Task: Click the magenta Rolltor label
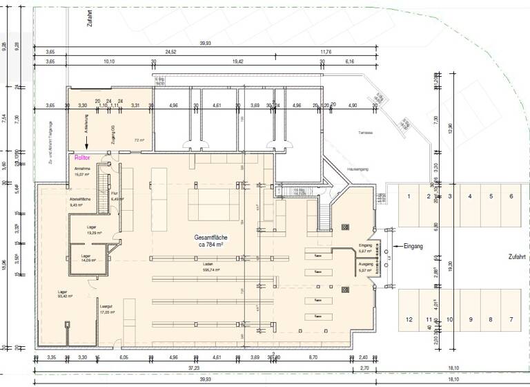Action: [83, 158]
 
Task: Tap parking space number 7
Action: [511, 319]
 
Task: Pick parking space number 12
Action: [409, 319]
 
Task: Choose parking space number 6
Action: [511, 197]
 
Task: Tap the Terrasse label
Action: [366, 132]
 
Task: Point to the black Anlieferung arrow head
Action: [86, 146]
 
